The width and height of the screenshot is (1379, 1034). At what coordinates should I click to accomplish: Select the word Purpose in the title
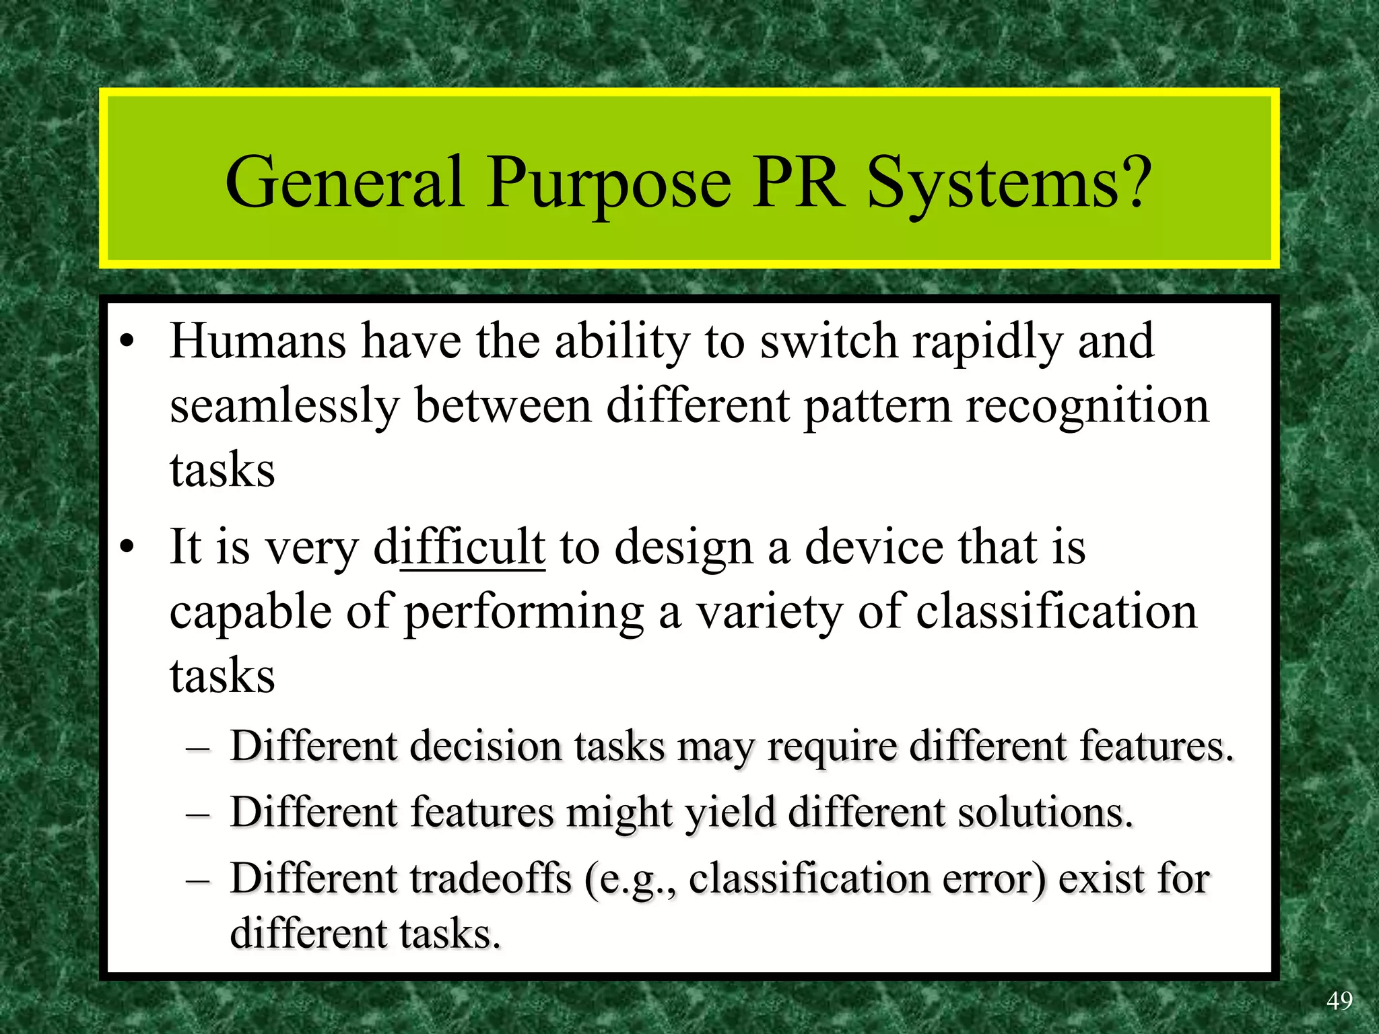tap(609, 183)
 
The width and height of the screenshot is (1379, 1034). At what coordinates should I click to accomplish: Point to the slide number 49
tap(1339, 1001)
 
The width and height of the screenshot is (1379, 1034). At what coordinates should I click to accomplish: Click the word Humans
tap(258, 341)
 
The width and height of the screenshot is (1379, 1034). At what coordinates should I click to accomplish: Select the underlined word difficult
tap(459, 547)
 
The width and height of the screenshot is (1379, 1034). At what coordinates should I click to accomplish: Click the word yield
tap(731, 813)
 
